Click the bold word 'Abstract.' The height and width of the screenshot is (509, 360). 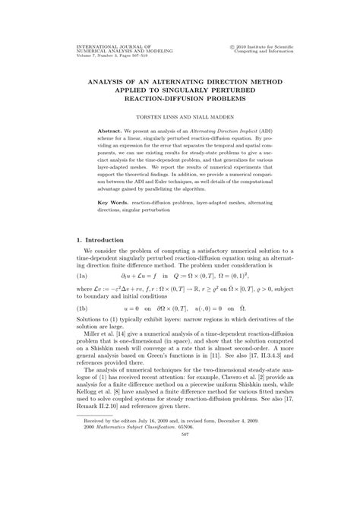111,131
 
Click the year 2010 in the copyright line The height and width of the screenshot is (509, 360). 261,46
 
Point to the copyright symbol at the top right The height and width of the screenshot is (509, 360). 251,46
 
